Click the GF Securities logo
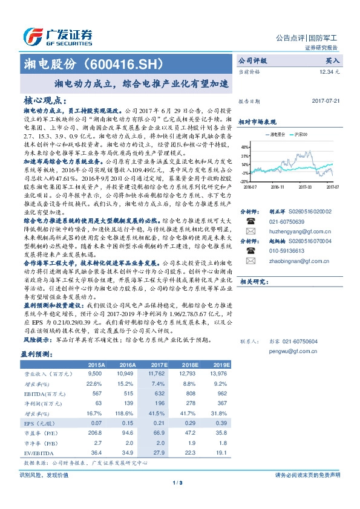point(57,36)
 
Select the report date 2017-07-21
point(326,102)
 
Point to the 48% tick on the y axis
point(244,147)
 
